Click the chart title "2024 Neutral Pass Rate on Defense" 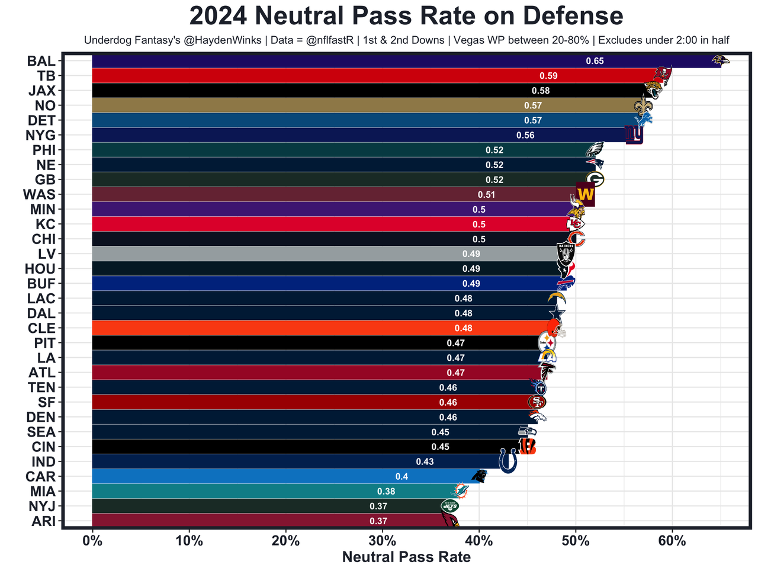[406, 16]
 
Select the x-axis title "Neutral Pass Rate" [406, 557]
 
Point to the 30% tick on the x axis [383, 541]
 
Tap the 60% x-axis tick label [672, 541]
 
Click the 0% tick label [92, 541]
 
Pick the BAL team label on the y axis [41, 61]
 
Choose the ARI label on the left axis [42, 521]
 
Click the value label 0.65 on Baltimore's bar [595, 61]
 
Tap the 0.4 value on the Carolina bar [402, 477]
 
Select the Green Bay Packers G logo [595, 179]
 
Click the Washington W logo [585, 194]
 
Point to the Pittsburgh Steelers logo [547, 342]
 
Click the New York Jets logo [449, 506]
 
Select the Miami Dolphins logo [460, 490]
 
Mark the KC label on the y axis [46, 224]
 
